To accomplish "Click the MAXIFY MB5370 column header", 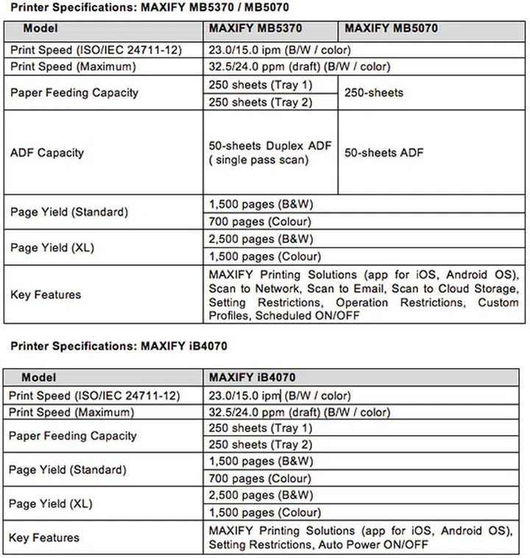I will [255, 29].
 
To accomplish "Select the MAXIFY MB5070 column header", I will [390, 29].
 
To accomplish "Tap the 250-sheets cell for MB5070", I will [374, 93].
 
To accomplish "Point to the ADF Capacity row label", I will [47, 152].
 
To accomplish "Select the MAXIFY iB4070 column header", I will [252, 377].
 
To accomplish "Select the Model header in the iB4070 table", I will [38, 377].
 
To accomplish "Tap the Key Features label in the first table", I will [46, 294].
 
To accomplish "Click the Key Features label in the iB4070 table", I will [44, 538].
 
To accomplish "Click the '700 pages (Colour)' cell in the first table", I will [259, 221].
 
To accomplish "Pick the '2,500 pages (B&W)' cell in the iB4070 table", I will [261, 495].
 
